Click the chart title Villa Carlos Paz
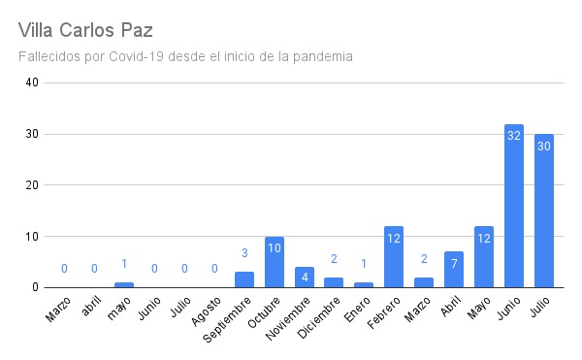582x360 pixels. coord(85,30)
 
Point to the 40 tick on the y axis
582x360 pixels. coord(32,82)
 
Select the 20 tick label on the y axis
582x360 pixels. coord(32,184)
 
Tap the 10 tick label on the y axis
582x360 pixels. coord(32,236)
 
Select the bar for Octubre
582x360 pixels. coord(275,262)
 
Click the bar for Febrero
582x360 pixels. coord(394,257)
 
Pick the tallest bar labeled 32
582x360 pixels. coord(514,206)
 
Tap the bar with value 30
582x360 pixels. coord(544,211)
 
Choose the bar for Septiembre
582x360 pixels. coord(244,279)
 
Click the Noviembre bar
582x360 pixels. coord(305,278)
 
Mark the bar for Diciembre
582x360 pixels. coord(334,282)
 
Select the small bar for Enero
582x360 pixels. coord(364,285)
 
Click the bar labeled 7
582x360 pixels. coord(454,270)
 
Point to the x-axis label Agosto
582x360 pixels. coord(207,311)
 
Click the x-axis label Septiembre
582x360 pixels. coord(227,320)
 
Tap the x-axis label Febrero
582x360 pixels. coord(384,312)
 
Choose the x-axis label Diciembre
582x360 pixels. coord(319,317)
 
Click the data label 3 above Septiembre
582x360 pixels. coord(244,253)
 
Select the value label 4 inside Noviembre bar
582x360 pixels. coord(305,278)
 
